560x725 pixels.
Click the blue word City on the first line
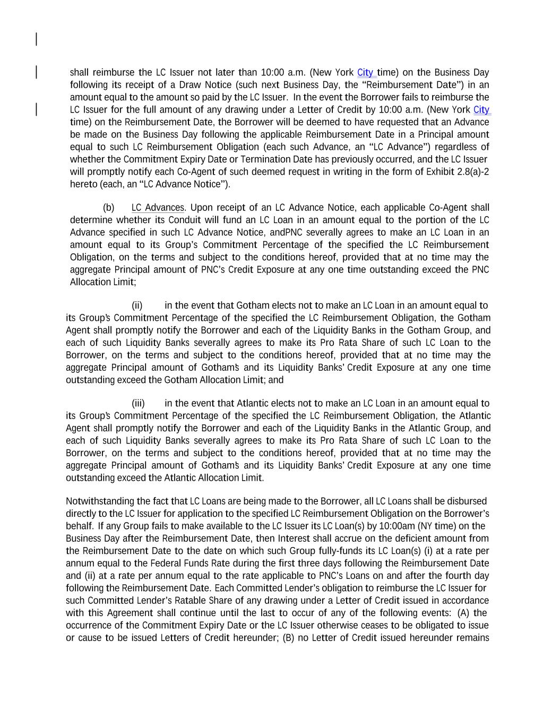pos(365,73)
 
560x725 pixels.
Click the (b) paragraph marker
pos(108,208)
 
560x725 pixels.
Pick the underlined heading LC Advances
pos(158,208)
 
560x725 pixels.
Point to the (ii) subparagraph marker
pos(137,305)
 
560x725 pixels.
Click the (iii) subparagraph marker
pos(138,404)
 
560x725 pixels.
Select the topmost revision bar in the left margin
pos(36,39)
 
